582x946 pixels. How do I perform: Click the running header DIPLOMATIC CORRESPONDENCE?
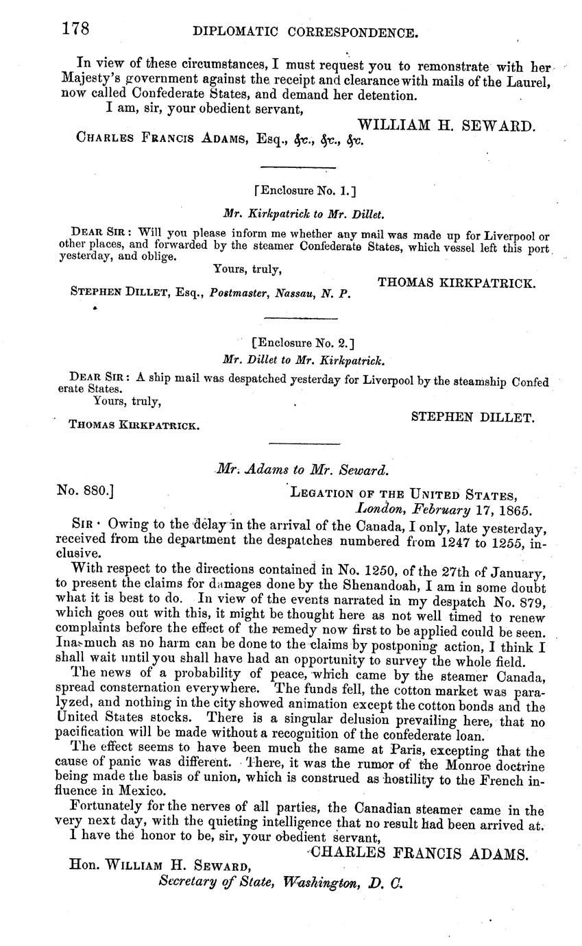305,32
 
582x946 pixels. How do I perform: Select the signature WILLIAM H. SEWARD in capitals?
446,125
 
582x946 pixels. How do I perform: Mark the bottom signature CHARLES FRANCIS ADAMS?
420,853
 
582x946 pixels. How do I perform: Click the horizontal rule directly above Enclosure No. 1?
298,167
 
